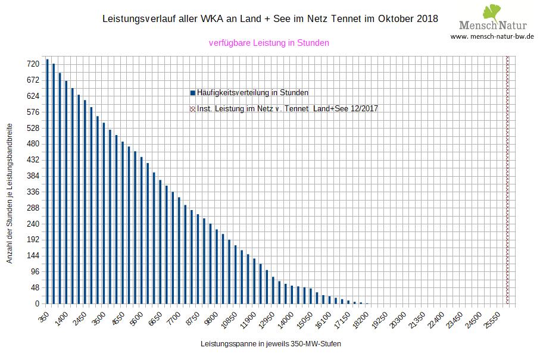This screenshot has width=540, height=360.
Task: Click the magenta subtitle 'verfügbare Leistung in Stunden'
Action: (x=269, y=43)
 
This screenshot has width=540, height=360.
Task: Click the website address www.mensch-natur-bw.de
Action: (x=492, y=36)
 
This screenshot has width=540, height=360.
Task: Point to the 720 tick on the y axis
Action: (x=33, y=64)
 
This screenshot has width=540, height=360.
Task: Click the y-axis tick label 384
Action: (x=33, y=176)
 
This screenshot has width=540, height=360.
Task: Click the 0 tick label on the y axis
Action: (x=37, y=304)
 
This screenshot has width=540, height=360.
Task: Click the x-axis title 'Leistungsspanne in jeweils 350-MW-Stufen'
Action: (x=271, y=344)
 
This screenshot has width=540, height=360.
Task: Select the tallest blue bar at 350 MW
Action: (x=47, y=181)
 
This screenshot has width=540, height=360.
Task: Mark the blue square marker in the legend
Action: (x=192, y=93)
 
